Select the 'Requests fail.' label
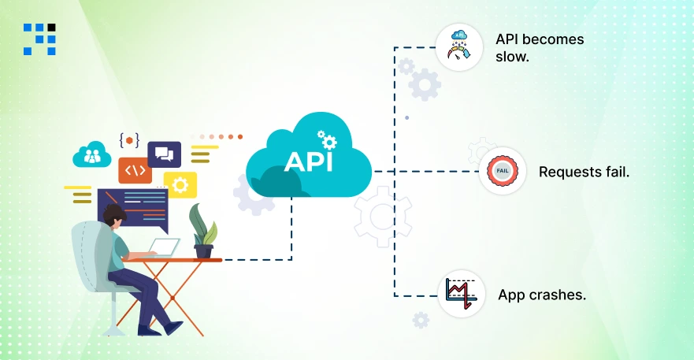584,171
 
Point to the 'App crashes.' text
541,295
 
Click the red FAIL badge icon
503,171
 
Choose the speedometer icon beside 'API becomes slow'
459,46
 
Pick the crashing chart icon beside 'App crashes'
461,294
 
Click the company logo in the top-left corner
39,39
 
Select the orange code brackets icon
135,170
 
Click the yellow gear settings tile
180,185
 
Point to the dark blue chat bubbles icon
164,154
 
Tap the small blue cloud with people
92,155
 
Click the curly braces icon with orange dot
129,140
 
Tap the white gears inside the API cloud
325,139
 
